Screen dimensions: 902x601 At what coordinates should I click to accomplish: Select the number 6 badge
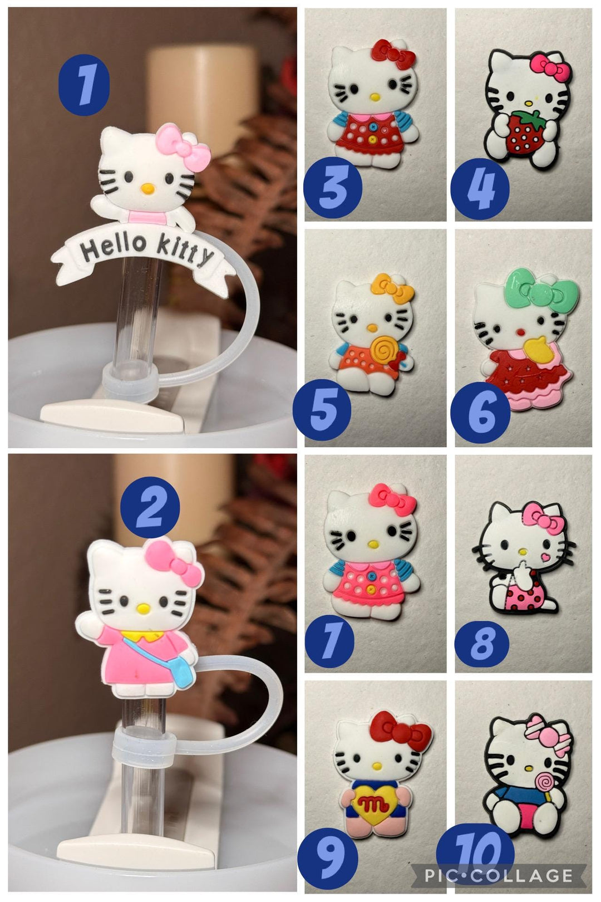[480, 412]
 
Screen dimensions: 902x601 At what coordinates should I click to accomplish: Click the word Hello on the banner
[114, 246]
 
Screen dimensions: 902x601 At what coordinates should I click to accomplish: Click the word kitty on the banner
[184, 250]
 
